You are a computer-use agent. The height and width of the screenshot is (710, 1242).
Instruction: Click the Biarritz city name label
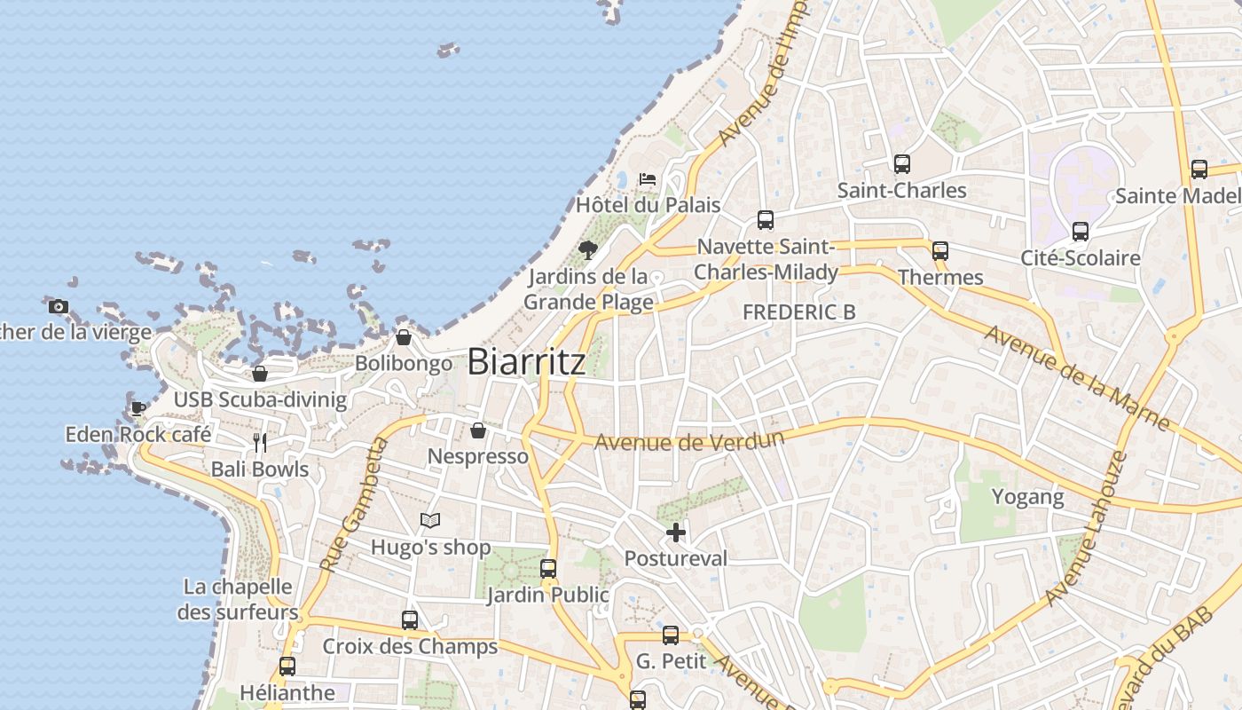(526, 361)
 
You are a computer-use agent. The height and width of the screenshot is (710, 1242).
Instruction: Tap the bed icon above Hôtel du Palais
(648, 179)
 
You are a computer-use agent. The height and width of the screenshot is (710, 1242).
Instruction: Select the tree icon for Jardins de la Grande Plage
(587, 249)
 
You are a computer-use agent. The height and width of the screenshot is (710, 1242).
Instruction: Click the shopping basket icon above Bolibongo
(404, 337)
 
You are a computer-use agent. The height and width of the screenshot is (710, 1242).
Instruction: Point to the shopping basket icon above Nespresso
(478, 430)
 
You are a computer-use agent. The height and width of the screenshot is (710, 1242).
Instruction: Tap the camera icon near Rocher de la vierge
(59, 307)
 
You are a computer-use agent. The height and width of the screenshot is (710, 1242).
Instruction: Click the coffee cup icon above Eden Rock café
(138, 408)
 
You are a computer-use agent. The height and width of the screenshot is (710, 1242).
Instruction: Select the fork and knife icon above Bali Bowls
(260, 443)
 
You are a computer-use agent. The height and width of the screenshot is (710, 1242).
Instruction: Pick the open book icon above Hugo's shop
(430, 521)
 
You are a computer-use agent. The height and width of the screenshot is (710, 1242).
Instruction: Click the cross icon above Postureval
(676, 532)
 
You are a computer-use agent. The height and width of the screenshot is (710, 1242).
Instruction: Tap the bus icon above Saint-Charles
(902, 164)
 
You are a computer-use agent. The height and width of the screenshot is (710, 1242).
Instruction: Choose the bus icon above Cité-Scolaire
(1080, 232)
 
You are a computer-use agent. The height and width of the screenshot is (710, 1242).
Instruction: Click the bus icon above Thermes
(940, 251)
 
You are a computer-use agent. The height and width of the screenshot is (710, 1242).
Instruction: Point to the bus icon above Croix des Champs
(410, 620)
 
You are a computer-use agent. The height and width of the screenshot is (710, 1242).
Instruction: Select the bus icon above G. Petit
(671, 635)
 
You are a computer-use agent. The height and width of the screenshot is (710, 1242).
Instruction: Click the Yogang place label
(1027, 497)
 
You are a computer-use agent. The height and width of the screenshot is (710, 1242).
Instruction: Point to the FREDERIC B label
(798, 312)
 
